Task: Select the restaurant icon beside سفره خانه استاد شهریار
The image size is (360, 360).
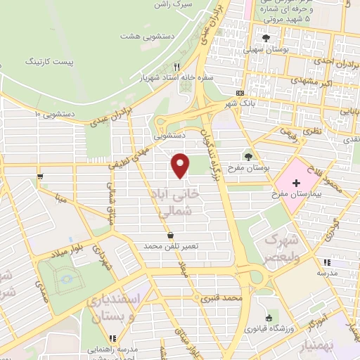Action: (x=177, y=67)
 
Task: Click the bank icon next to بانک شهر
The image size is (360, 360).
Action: (x=240, y=93)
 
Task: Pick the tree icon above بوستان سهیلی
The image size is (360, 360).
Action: (x=266, y=39)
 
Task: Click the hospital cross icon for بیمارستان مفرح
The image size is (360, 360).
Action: (x=296, y=183)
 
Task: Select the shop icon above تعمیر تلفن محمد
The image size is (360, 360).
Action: (x=170, y=235)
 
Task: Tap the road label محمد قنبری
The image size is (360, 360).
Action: (x=223, y=298)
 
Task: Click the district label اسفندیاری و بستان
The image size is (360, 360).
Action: (x=116, y=307)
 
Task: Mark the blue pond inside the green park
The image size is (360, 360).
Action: (x=67, y=279)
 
